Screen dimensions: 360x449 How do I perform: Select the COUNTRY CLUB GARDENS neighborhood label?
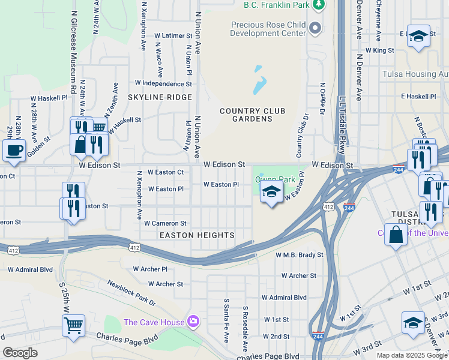click(252, 115)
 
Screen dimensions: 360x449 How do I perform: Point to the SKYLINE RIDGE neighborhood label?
click(160, 97)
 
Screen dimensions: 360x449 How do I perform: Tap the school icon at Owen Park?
click(271, 193)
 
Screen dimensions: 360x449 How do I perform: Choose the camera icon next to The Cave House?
click(193, 322)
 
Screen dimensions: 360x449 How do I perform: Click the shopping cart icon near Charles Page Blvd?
click(73, 326)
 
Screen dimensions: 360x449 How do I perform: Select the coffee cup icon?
click(13, 150)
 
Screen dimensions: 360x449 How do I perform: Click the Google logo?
click(20, 353)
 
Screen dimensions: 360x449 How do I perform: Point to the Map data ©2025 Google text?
click(412, 355)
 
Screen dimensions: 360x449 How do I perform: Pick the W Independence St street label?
click(163, 83)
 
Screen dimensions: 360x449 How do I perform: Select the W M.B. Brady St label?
click(299, 255)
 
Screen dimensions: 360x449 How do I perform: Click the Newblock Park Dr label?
click(131, 293)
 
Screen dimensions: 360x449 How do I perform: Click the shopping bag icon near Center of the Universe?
click(396, 235)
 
